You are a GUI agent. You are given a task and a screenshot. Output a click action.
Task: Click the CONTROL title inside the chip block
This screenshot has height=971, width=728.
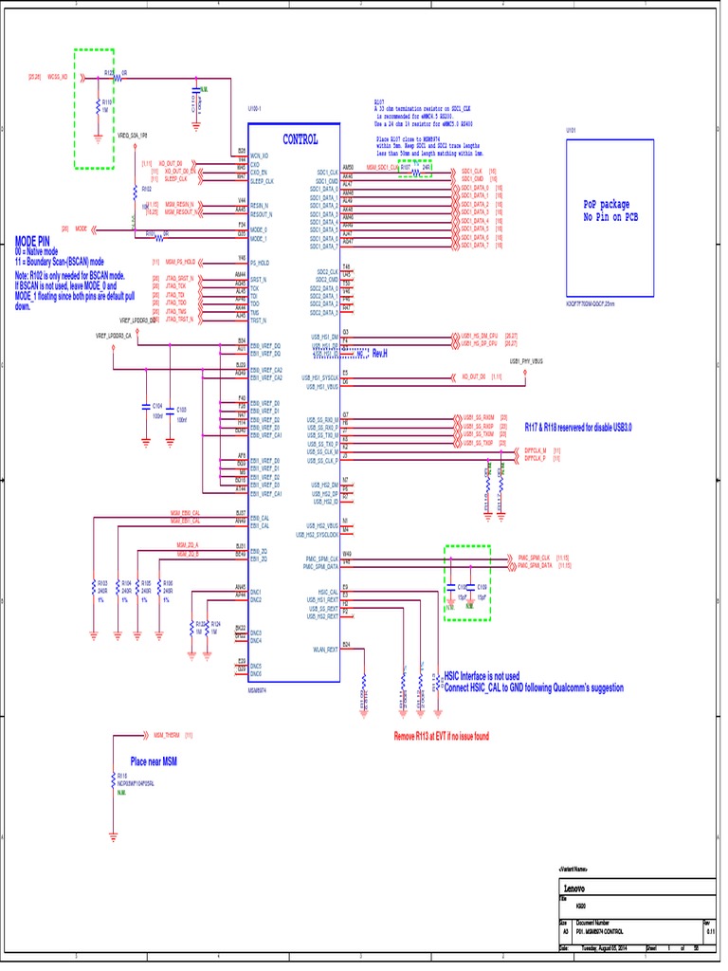coord(300,139)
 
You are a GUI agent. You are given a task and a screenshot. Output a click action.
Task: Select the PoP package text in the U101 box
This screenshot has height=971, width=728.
coord(606,204)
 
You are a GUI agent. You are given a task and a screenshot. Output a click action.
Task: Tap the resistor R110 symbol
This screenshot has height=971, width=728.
coord(98,106)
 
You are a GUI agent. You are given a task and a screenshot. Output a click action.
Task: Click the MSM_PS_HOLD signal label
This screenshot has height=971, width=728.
coord(180,261)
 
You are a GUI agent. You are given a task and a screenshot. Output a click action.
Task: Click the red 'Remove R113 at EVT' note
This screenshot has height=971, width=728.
coord(441,736)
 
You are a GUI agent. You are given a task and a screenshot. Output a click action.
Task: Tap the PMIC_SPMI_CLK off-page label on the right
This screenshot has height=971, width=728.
coord(536,558)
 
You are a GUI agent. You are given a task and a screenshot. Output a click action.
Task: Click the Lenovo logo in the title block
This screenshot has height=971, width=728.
coord(575,889)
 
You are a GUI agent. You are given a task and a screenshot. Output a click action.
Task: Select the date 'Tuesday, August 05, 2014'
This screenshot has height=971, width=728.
coord(604,947)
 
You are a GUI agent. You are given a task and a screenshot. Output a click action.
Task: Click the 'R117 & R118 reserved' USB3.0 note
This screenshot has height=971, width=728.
coord(578,428)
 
